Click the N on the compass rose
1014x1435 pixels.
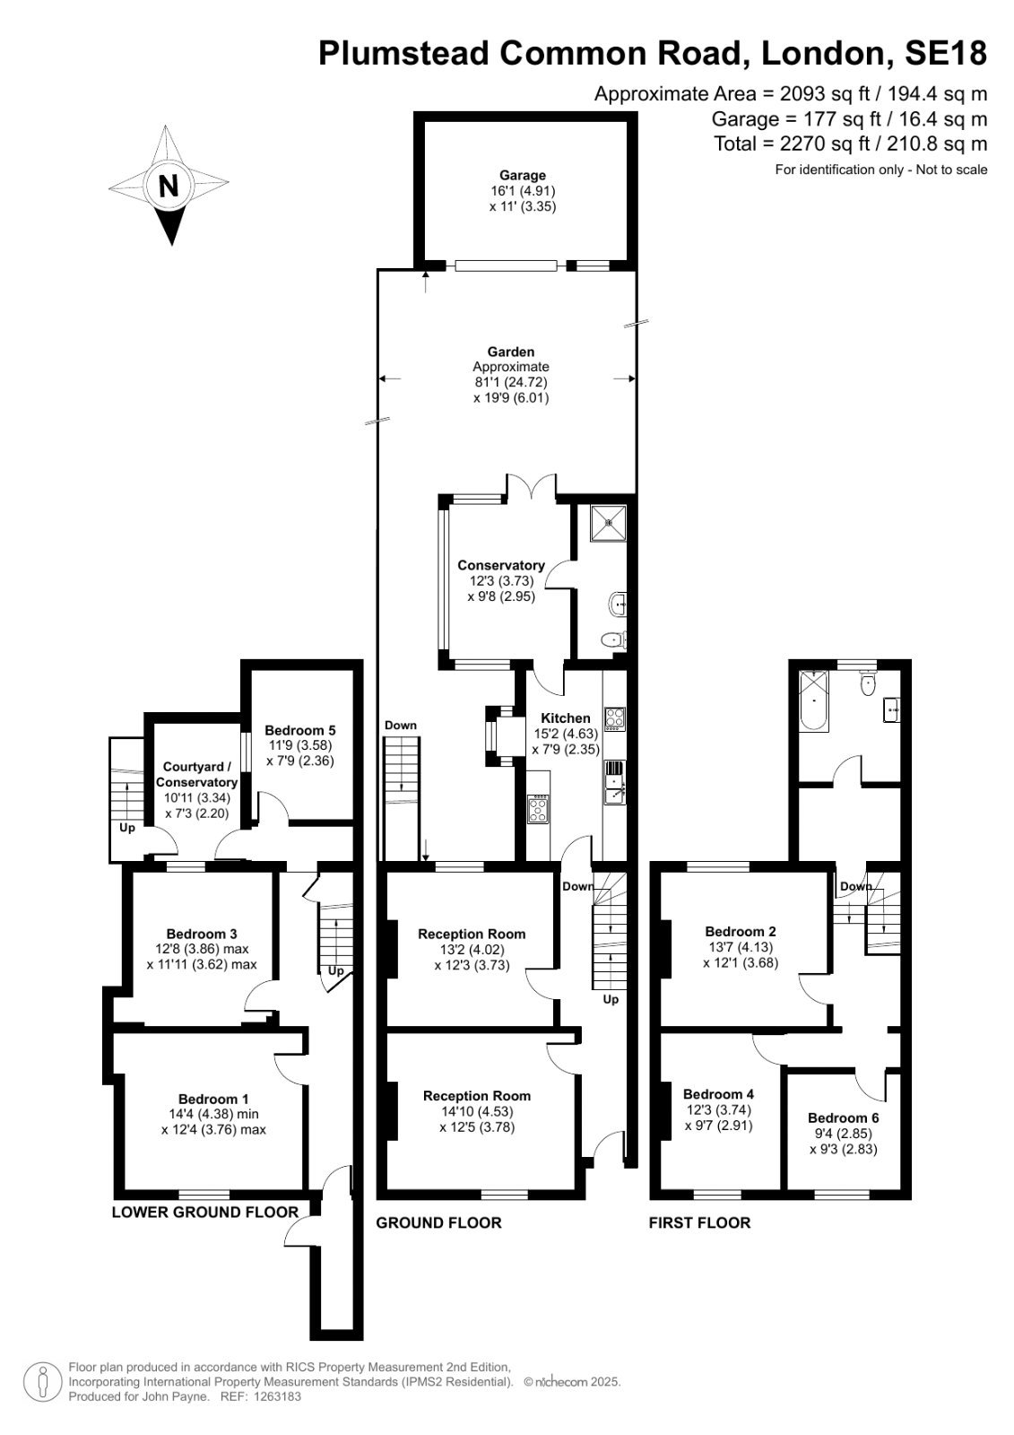coord(169,187)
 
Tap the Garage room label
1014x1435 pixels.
coord(523,175)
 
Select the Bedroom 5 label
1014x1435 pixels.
coord(299,730)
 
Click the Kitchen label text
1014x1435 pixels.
coord(565,718)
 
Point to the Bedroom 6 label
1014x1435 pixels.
coord(843,1118)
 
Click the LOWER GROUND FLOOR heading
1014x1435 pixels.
coord(205,1212)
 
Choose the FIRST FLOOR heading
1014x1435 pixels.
coord(699,1223)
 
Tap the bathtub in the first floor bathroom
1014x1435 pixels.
coord(814,701)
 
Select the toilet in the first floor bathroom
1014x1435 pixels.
coord(868,683)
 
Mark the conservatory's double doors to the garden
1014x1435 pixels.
coord(532,486)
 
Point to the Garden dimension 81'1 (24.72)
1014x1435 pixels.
coord(511,382)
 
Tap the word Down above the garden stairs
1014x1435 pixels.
coord(401,726)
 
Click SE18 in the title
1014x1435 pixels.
coord(946,53)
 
